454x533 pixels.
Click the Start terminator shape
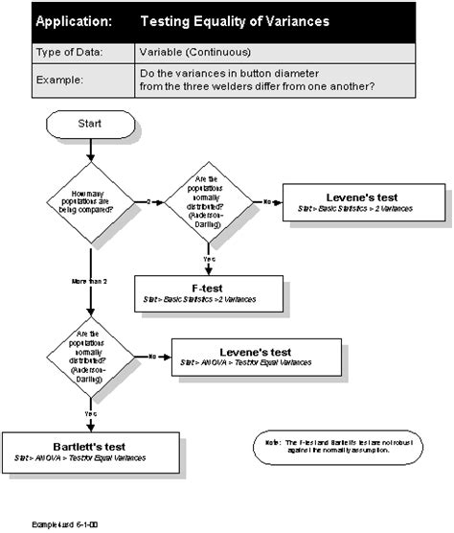pyautogui.click(x=90, y=124)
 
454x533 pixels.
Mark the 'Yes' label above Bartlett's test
pyautogui.click(x=90, y=413)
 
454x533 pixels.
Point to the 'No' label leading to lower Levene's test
pyautogui.click(x=152, y=356)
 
